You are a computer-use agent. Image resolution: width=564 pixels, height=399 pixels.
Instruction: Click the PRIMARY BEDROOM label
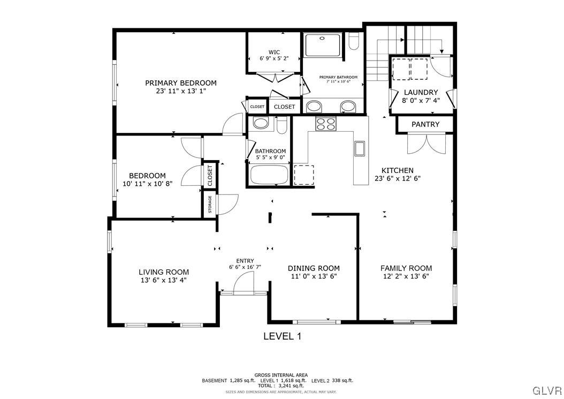pyautogui.click(x=181, y=83)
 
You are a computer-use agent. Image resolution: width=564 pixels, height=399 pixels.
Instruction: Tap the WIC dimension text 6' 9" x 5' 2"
pyautogui.click(x=274, y=58)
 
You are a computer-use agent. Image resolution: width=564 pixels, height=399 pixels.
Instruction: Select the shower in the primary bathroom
pyautogui.click(x=323, y=46)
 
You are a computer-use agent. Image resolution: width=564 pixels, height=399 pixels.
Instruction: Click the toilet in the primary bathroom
pyautogui.click(x=354, y=42)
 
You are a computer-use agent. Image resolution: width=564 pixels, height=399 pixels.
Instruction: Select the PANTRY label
pyautogui.click(x=425, y=124)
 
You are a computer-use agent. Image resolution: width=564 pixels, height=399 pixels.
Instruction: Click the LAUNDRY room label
pyautogui.click(x=421, y=92)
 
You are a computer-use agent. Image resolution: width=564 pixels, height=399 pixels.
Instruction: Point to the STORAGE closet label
pyautogui.click(x=210, y=205)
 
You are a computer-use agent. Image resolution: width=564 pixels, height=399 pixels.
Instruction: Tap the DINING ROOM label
pyautogui.click(x=314, y=268)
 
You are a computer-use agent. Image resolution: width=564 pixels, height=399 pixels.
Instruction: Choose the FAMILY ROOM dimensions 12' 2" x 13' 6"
pyautogui.click(x=406, y=276)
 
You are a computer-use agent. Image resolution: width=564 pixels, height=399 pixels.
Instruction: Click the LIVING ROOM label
pyautogui.click(x=164, y=272)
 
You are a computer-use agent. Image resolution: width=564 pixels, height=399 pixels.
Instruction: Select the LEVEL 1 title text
pyautogui.click(x=283, y=336)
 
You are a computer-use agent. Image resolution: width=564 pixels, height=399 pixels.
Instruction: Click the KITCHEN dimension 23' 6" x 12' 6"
pyautogui.click(x=397, y=179)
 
